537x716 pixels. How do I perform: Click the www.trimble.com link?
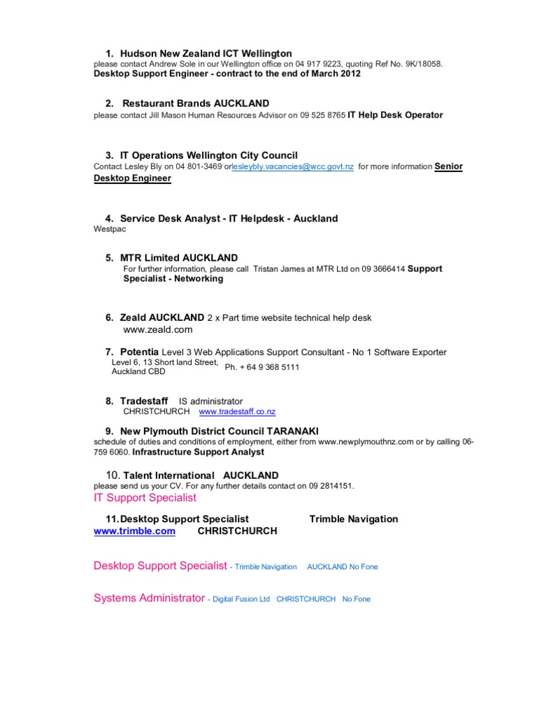[134, 531]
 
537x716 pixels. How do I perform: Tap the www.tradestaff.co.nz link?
[237, 412]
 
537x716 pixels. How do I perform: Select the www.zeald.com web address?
[157, 329]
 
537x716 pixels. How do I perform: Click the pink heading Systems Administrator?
[149, 599]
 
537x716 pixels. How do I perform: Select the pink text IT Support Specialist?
[145, 498]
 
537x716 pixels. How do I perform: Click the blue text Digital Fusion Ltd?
[241, 599]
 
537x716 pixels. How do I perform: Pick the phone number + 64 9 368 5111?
[262, 367]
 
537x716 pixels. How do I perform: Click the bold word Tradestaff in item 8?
[144, 401]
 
